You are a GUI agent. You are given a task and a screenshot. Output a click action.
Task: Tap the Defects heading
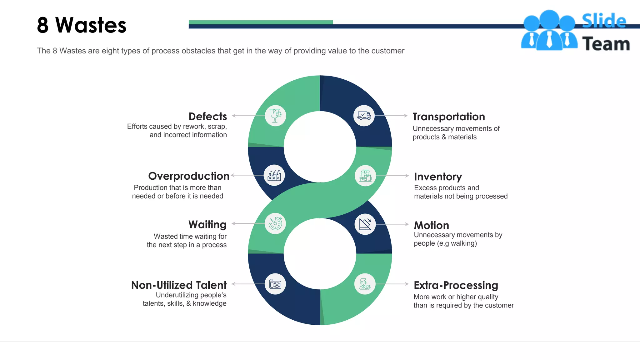click(x=208, y=116)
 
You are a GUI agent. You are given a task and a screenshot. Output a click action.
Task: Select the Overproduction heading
click(x=189, y=176)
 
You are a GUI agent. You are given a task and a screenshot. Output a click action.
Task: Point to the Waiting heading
click(x=207, y=224)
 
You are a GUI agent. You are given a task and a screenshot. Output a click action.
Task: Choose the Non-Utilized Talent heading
click(x=179, y=285)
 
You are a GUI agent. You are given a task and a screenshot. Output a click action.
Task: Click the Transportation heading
click(x=449, y=117)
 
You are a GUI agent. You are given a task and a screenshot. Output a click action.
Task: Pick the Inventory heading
click(x=438, y=177)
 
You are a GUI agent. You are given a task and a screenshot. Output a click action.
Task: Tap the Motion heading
click(x=431, y=225)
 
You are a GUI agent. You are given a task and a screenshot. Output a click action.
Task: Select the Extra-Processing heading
click(x=456, y=285)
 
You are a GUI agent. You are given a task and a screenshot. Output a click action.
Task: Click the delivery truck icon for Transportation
click(x=364, y=116)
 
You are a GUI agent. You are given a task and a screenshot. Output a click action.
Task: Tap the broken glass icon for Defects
click(x=275, y=116)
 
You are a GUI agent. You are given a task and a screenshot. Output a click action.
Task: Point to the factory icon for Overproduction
click(x=274, y=175)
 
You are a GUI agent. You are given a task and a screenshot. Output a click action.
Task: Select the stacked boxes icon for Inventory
click(x=365, y=176)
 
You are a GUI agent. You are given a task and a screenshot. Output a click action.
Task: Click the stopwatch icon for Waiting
click(x=275, y=223)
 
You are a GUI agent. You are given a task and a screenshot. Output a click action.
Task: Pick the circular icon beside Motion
click(x=365, y=224)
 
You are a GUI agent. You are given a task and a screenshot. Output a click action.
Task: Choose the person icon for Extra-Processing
click(x=365, y=284)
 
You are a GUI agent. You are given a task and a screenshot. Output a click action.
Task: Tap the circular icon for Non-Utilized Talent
click(x=275, y=284)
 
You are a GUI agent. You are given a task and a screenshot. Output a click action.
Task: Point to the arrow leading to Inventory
click(x=392, y=176)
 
